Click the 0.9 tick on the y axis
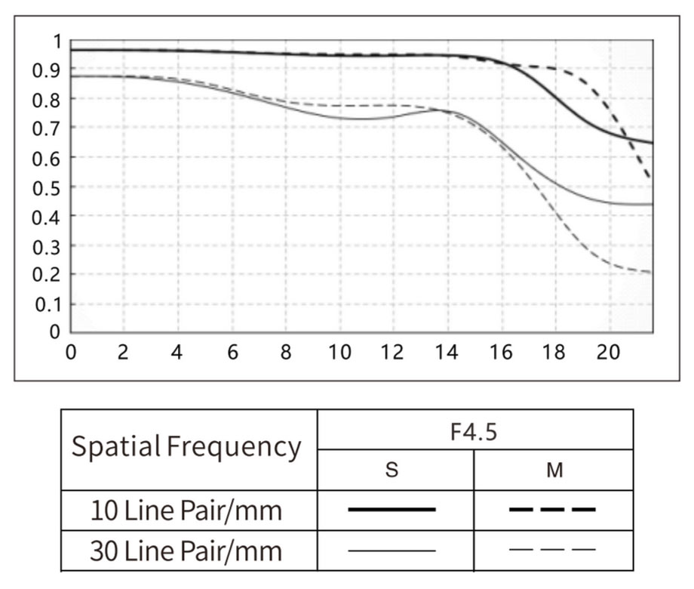[x=45, y=70]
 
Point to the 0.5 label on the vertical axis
[x=45, y=187]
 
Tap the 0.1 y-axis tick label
[x=45, y=305]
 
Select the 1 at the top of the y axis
[x=53, y=41]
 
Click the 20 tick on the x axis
[x=608, y=353]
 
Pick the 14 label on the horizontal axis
[x=447, y=353]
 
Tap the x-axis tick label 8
[x=285, y=353]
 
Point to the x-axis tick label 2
[x=124, y=353]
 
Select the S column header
[x=392, y=470]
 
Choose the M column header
[x=554, y=470]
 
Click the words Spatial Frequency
[x=186, y=448]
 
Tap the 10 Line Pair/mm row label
[x=186, y=510]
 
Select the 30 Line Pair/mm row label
[x=186, y=550]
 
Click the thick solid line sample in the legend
[x=392, y=510]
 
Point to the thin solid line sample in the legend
[x=392, y=550]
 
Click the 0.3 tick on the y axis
[x=45, y=246]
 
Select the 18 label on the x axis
[x=554, y=353]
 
